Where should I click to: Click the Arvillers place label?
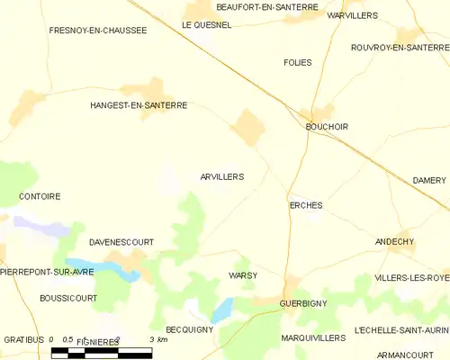coord(221,177)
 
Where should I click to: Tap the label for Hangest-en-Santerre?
coord(139,105)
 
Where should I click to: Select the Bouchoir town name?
coord(327,127)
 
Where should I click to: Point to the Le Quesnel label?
coord(207,25)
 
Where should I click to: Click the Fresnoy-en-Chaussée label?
coord(98,30)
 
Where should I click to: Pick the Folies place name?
coord(297,62)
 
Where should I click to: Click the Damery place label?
coord(429,180)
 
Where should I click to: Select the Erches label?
coord(306,205)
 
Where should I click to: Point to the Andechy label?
coord(394,242)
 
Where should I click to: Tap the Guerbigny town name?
coord(303,303)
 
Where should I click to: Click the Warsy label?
coord(243,274)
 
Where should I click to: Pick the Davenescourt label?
coord(121,242)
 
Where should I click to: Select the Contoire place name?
coord(40,195)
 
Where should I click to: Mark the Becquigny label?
coord(190,330)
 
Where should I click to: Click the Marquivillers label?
coord(313,337)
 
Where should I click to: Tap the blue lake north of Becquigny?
coord(221,310)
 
